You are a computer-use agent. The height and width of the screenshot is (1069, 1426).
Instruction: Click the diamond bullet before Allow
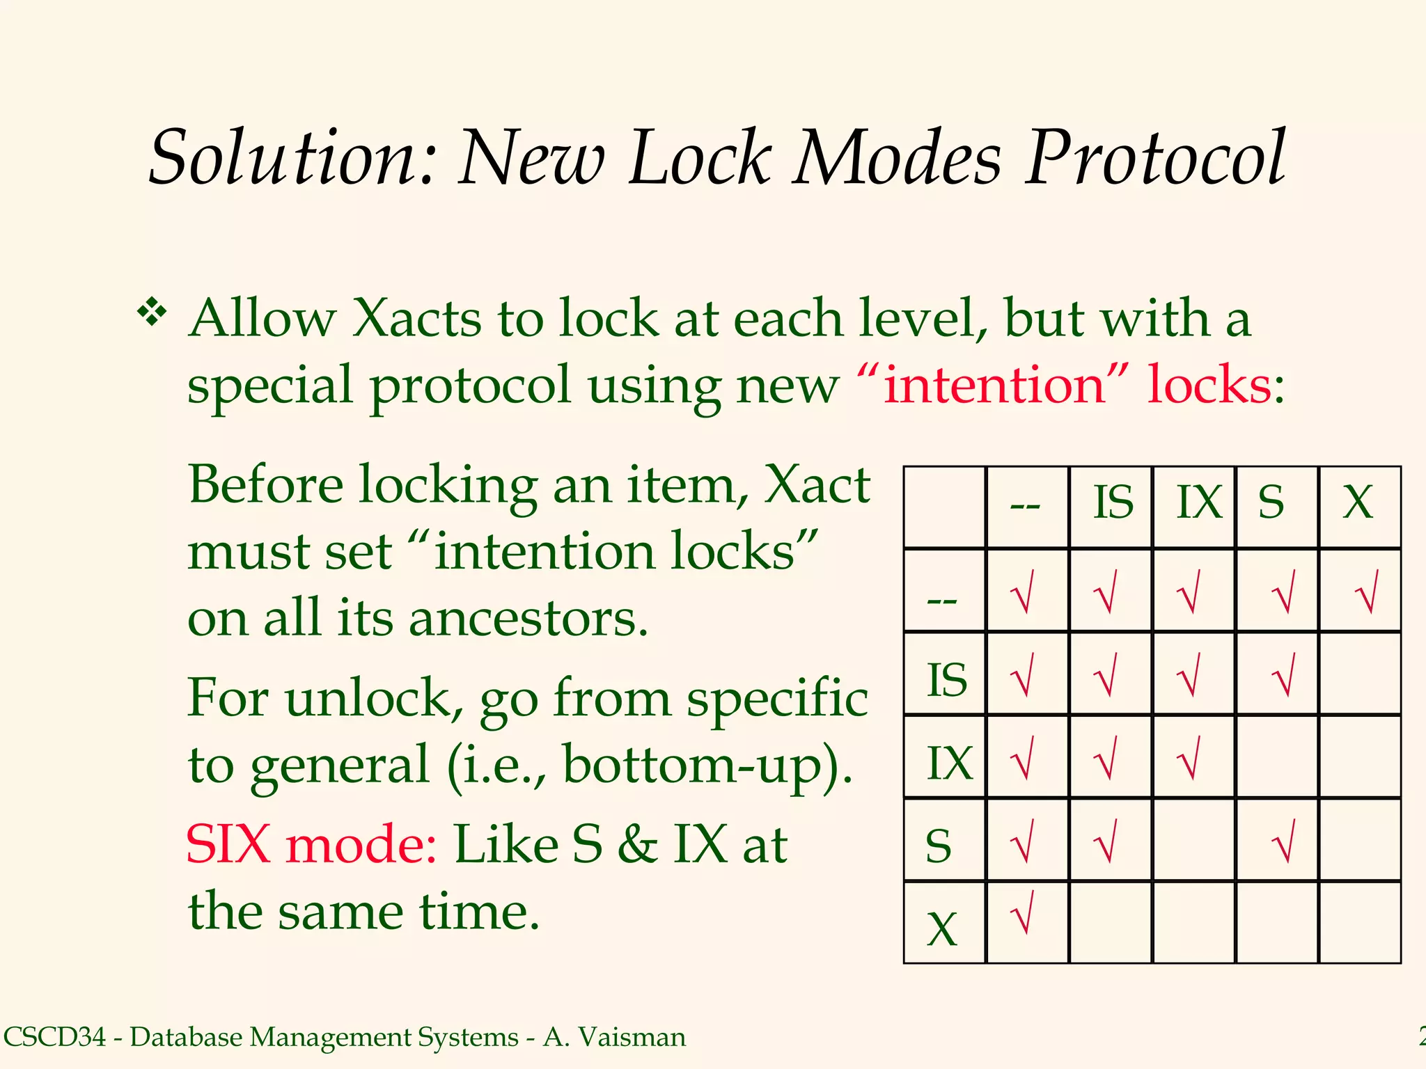pos(152,312)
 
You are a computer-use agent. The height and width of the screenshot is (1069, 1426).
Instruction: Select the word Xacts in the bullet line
pos(416,319)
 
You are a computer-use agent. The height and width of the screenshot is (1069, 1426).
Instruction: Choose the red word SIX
pos(228,844)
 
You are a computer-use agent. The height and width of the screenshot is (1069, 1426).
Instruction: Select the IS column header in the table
pos(1113,502)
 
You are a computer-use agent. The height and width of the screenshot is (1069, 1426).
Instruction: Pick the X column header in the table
pos(1358,502)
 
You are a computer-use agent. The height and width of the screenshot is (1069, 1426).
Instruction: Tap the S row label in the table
pos(939,846)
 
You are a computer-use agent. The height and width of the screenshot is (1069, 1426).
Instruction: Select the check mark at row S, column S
pos(1283,841)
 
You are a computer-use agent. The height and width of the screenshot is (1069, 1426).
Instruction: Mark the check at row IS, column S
pos(1283,674)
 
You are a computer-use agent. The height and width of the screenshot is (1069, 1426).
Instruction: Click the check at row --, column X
pos(1366,592)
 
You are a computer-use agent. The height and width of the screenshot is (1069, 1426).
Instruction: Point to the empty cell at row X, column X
pos(1360,922)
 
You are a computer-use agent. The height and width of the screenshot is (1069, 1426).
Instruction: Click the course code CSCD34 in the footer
pos(55,1037)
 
